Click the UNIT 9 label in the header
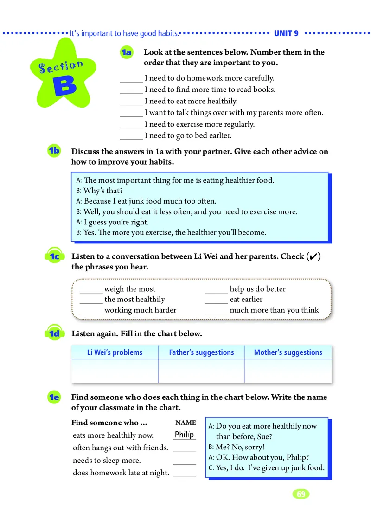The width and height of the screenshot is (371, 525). pyautogui.click(x=286, y=33)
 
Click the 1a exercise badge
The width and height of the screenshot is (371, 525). pyautogui.click(x=126, y=53)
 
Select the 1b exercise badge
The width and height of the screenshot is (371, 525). pyautogui.click(x=54, y=151)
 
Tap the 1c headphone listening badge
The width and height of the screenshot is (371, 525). pyautogui.click(x=54, y=256)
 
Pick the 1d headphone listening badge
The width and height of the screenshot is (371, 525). pyautogui.click(x=54, y=333)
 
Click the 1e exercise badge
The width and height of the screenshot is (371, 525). pyautogui.click(x=54, y=397)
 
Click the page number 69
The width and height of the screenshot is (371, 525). pyautogui.click(x=301, y=494)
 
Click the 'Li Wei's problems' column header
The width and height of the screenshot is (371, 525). pyautogui.click(x=115, y=352)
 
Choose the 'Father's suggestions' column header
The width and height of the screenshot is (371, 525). pyautogui.click(x=201, y=352)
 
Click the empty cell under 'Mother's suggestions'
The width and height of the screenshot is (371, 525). pyautogui.click(x=288, y=371)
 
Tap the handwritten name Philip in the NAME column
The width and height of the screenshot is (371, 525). pyautogui.click(x=184, y=435)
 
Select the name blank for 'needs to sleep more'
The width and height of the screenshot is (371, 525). pyautogui.click(x=185, y=462)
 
